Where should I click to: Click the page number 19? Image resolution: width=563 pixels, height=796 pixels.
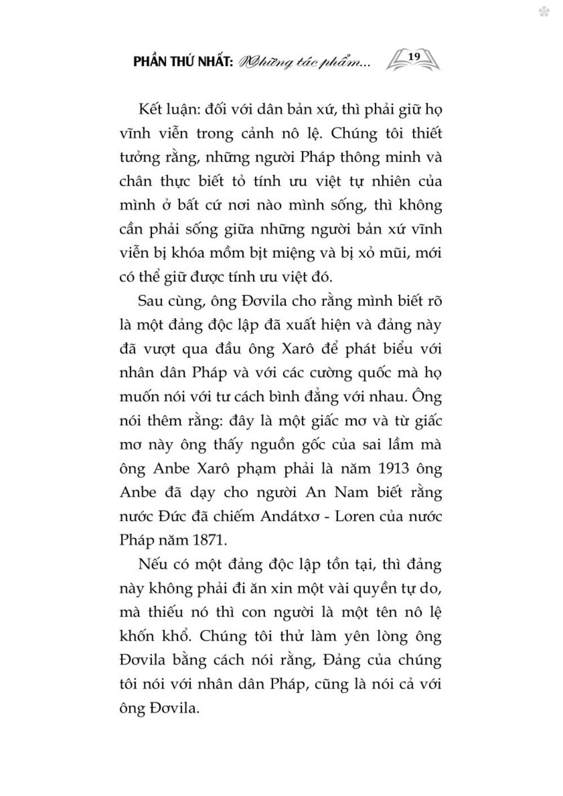tap(414, 56)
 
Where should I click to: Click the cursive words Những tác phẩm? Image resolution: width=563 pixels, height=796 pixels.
tap(305, 62)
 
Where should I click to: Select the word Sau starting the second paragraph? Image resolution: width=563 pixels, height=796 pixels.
tap(151, 301)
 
